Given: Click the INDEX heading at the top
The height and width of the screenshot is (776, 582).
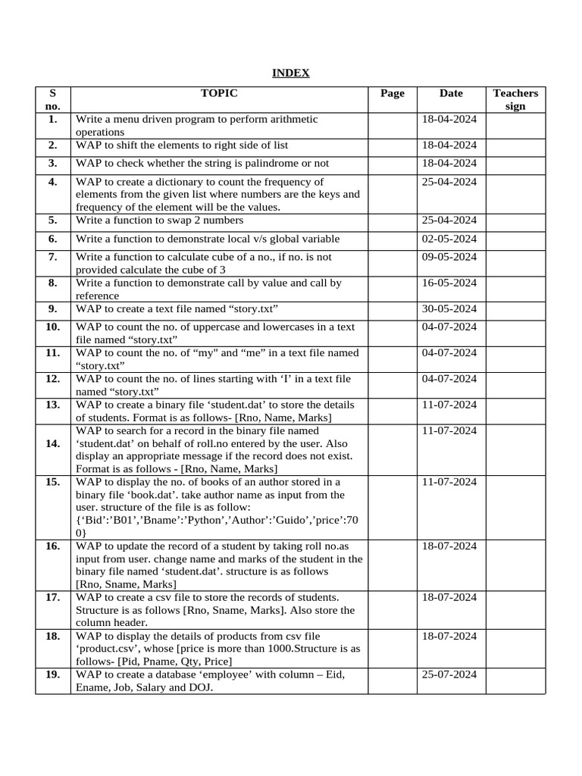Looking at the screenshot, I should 291,73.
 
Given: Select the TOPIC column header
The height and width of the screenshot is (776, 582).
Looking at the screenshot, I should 219,93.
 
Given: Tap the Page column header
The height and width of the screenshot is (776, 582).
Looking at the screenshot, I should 392,93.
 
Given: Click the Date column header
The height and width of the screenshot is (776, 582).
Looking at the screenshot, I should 451,93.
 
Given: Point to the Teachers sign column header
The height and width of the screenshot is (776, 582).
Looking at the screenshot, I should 515,99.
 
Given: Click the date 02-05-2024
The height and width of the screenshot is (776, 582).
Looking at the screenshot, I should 449,239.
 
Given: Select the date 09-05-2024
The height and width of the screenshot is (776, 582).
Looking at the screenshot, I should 449,257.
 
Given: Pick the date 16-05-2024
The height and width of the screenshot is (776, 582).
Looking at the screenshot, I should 449,283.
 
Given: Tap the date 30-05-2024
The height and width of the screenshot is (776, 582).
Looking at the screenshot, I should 449,308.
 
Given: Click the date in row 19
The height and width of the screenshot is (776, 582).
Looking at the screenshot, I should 449,674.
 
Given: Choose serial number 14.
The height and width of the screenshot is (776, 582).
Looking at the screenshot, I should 52,443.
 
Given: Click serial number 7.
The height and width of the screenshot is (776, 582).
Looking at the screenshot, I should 52,257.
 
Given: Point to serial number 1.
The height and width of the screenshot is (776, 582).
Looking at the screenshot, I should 52,119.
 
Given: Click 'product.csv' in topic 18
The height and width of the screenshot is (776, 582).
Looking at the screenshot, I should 108,649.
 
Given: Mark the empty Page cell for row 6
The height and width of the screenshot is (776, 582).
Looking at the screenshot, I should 392,239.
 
